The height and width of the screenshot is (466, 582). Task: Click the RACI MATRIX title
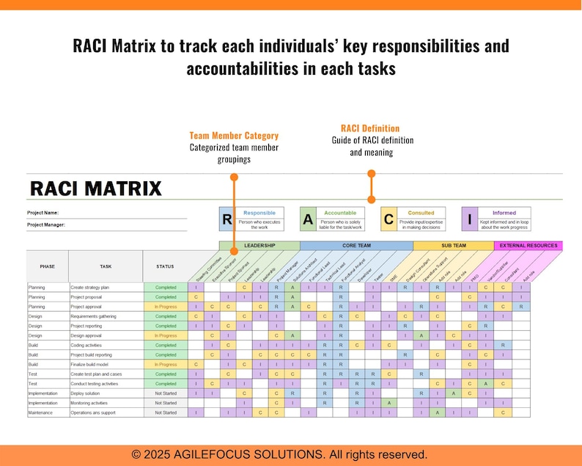(95, 189)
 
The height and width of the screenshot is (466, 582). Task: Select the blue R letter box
(227, 219)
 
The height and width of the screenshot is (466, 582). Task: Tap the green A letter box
(308, 219)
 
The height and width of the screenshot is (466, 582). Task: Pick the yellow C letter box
(389, 219)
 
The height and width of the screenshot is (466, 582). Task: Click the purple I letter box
(469, 219)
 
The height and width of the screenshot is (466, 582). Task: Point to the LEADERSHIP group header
(259, 246)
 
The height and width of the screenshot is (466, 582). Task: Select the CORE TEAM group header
(356, 246)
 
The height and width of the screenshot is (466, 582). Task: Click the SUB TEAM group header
(453, 246)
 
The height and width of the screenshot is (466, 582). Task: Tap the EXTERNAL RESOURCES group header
(528, 246)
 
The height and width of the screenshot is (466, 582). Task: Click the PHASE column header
(47, 266)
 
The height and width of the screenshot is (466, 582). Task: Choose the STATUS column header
(165, 266)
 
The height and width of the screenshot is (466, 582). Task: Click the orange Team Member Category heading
(234, 136)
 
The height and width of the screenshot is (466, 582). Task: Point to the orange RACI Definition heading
(370, 128)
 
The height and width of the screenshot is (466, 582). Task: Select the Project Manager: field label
(46, 225)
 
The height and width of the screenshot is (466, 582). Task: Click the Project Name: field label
(43, 213)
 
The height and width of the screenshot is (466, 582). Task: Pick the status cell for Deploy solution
(165, 393)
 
